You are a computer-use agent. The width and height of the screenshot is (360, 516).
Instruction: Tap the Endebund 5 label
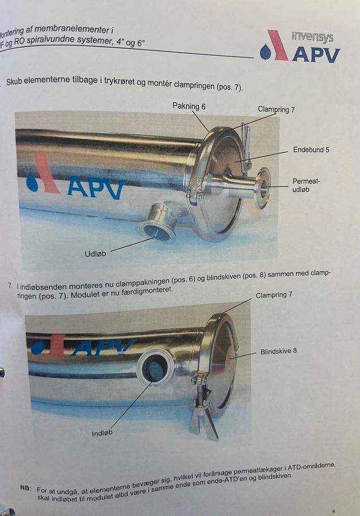311,150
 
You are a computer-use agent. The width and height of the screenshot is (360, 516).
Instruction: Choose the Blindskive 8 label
279,351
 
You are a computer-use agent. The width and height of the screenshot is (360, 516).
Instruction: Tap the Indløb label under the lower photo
102,433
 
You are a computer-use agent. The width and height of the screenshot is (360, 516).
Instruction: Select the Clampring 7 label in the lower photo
273,294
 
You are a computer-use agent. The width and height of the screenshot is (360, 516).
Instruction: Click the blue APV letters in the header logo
316,54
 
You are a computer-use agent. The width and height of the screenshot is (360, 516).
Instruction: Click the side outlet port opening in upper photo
157,232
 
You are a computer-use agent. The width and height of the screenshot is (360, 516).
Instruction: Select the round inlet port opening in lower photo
155,368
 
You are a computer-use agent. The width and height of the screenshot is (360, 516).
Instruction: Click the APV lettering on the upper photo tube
95,187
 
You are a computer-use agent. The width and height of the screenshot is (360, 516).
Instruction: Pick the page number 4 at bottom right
334,510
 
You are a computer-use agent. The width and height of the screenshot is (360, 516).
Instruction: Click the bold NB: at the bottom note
26,488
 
